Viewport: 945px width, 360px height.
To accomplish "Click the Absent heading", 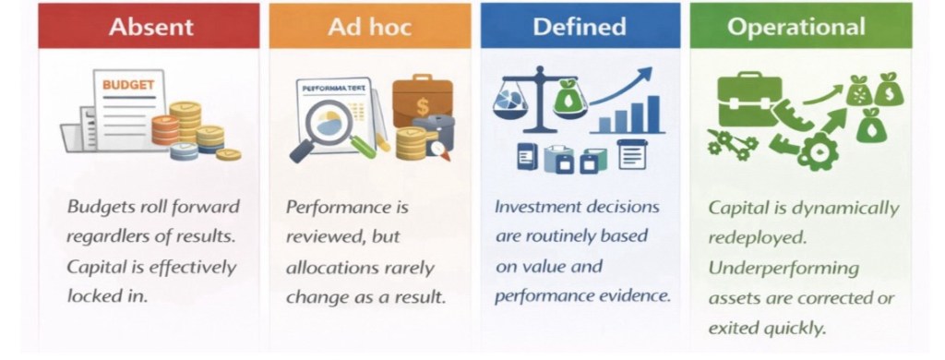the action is point(151,27).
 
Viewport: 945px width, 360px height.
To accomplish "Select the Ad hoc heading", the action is point(370,27).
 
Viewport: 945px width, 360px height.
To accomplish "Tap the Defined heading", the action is point(580,27).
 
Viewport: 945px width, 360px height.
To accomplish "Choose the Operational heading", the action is point(796,27).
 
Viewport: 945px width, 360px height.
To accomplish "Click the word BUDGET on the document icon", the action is point(128,85).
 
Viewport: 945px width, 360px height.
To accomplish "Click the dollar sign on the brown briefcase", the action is point(423,107).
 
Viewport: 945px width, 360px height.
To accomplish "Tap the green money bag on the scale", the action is point(570,97).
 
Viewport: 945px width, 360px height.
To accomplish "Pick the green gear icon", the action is point(818,151).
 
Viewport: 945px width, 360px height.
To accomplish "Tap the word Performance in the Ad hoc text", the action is point(339,207).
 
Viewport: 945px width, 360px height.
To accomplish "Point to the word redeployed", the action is point(757,238).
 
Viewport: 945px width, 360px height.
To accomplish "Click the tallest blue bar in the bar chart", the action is point(653,114).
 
